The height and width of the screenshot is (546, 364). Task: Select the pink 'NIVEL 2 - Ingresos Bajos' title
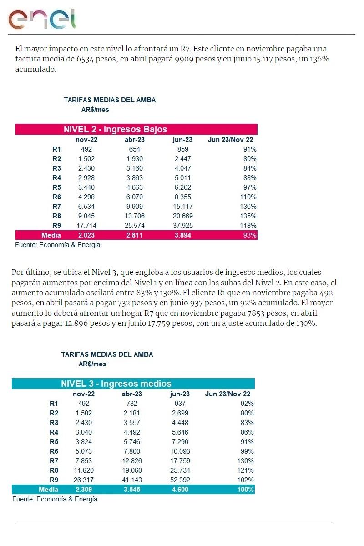(x=115, y=129)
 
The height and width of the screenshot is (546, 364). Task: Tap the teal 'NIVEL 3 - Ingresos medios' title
(x=116, y=384)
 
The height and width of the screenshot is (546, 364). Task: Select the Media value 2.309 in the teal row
(x=84, y=490)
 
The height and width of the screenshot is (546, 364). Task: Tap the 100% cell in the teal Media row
(x=245, y=490)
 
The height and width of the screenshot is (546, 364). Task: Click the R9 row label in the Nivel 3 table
(x=54, y=480)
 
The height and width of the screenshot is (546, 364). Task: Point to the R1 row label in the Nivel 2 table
(x=56, y=149)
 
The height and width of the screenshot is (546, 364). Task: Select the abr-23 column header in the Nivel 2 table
(x=135, y=140)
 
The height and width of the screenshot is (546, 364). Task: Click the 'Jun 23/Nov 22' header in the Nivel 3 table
(x=227, y=394)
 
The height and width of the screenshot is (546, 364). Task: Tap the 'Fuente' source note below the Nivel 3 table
(x=55, y=499)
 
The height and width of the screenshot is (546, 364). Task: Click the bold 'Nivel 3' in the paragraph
(x=104, y=273)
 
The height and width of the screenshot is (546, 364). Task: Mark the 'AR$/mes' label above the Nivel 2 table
(x=95, y=110)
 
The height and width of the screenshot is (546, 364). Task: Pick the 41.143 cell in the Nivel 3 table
(x=132, y=480)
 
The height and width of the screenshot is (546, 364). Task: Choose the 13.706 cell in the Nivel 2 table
(x=135, y=216)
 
